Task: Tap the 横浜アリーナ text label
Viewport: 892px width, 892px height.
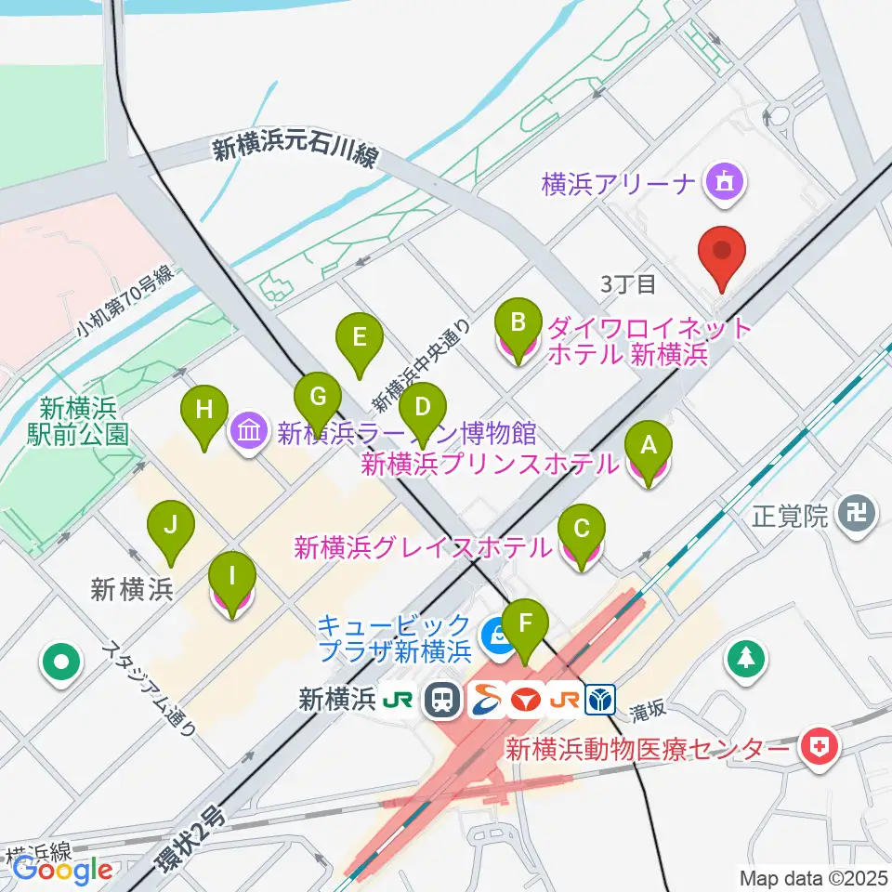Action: (x=618, y=183)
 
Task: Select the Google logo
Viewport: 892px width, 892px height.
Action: (x=63, y=869)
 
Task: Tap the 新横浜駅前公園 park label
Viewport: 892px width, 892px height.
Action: (x=84, y=421)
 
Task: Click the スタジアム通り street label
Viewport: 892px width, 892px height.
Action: (x=151, y=689)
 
